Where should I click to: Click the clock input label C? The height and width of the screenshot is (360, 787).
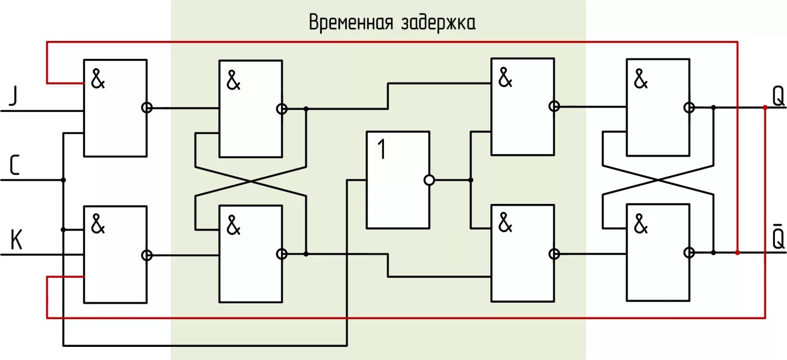point(14,166)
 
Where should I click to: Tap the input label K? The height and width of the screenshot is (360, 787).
point(16,241)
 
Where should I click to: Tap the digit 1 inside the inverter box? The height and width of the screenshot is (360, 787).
point(381,149)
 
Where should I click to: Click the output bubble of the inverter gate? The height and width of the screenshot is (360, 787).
point(429,180)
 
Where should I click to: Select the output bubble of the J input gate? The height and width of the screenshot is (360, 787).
point(147,108)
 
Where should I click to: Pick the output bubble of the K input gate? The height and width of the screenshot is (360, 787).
point(147,255)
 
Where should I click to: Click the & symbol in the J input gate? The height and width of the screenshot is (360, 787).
point(98,80)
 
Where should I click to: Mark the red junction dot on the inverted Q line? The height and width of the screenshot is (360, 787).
point(737,253)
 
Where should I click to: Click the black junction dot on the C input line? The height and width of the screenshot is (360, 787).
point(63,180)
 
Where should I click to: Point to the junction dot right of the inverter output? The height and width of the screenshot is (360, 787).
point(471,180)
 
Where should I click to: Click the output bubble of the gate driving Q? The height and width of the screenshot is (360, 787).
point(689,108)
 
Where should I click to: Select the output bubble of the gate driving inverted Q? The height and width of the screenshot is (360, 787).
point(689,253)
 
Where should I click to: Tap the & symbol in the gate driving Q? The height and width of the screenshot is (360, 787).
point(641,80)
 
